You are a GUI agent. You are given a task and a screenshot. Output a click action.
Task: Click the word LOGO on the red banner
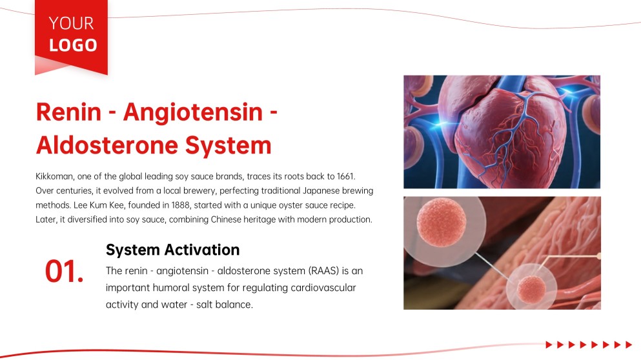tap(73, 45)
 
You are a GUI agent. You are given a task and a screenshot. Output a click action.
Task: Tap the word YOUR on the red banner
tap(71, 23)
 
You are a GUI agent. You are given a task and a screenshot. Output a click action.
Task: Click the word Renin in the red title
tap(68, 112)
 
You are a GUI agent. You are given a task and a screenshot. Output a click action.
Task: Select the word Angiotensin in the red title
tap(193, 113)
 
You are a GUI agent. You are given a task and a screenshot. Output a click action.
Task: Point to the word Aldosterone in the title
tap(107, 145)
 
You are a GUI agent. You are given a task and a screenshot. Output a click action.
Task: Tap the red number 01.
tap(64, 272)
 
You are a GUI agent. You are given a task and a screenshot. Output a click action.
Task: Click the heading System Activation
tap(172, 250)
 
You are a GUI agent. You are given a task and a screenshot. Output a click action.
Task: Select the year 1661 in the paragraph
tap(346, 176)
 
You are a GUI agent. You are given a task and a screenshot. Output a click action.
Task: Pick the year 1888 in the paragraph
tap(180, 205)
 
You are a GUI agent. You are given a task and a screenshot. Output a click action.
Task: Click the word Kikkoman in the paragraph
tap(54, 176)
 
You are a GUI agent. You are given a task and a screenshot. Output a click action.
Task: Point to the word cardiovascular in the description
tap(323, 288)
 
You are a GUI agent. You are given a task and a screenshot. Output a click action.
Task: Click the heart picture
tap(502, 132)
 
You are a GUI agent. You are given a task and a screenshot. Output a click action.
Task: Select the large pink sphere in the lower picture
tap(441, 223)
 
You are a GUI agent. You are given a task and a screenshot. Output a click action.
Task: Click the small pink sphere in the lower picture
tap(531, 289)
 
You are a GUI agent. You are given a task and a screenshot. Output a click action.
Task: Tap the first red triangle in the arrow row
tap(549, 345)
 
